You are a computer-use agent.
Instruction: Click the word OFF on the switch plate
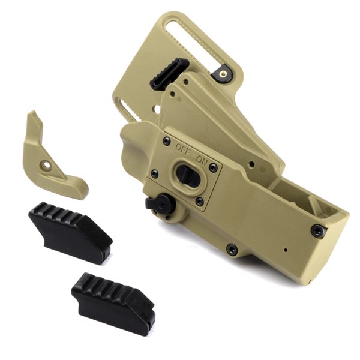tap(183, 149)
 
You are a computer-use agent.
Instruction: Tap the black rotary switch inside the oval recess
tap(185, 174)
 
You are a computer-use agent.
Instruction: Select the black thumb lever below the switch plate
tap(160, 203)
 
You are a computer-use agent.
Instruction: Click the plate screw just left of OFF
tap(167, 141)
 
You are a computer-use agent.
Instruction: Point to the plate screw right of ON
tap(213, 168)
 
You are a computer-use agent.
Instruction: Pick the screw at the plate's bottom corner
tap(199, 202)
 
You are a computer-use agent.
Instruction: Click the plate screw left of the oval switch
tap(155, 174)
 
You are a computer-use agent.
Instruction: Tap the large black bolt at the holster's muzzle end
tap(319, 230)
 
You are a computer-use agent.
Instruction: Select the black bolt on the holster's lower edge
tap(232, 250)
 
